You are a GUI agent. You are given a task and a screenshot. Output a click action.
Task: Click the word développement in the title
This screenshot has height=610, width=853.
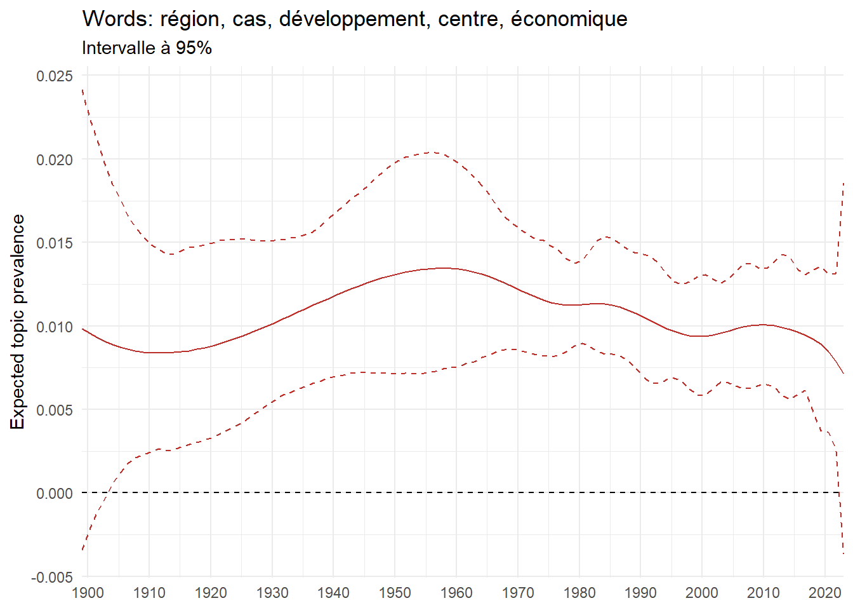coord(352,19)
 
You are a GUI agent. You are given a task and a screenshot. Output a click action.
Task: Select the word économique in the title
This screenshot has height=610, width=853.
coord(569,19)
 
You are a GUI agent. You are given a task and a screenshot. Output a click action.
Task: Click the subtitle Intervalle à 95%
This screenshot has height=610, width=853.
coord(147,48)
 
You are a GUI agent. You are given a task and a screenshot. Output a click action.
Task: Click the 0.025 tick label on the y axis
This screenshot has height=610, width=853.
coord(55,76)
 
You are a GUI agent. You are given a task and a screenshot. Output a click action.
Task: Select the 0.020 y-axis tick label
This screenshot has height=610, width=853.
coord(55,159)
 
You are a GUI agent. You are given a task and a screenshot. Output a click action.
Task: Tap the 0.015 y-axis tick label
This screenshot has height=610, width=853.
coord(55,243)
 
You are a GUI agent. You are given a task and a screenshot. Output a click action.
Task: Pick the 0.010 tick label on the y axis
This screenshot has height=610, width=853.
coord(55,327)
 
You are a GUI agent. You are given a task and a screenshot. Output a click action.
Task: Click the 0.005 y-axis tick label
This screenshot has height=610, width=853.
coord(55,410)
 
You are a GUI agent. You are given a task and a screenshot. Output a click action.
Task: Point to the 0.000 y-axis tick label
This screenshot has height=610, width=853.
coord(55,494)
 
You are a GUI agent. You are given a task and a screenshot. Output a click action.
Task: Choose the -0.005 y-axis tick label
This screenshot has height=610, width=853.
coord(53,577)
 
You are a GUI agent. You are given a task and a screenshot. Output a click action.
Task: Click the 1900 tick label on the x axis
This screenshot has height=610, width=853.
coord(88,593)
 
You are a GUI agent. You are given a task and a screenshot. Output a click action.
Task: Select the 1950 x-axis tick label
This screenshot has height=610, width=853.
coord(395,593)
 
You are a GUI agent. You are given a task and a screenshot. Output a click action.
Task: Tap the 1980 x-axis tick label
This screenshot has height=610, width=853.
coord(579,593)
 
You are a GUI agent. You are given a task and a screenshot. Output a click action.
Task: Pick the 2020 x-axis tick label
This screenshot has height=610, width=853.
coord(824,593)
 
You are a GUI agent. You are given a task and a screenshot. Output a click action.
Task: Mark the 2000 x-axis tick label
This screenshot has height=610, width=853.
coord(701,593)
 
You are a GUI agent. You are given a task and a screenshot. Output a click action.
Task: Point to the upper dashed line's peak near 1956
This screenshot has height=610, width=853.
coord(432,152)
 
